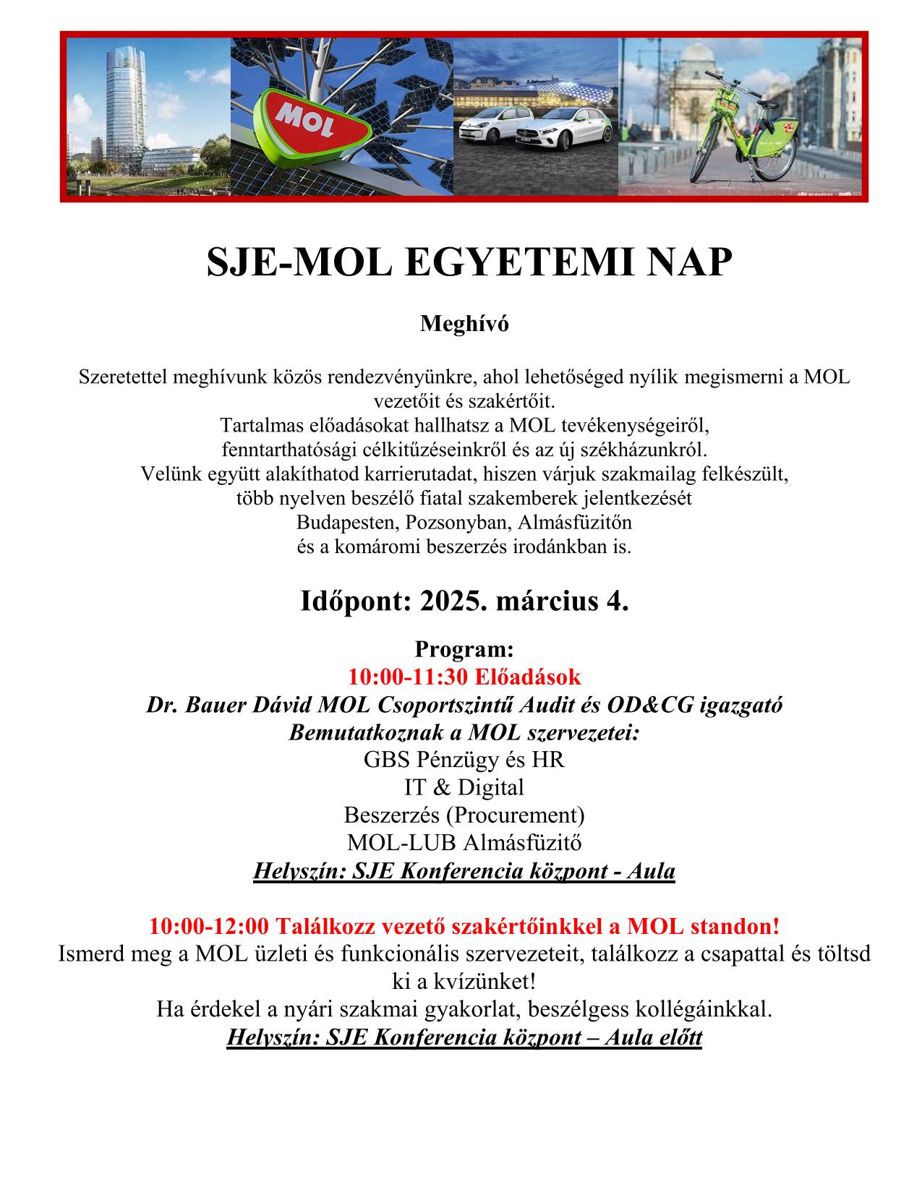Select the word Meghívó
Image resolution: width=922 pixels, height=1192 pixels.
pyautogui.click(x=464, y=324)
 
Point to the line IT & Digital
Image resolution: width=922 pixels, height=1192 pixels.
pyautogui.click(x=464, y=787)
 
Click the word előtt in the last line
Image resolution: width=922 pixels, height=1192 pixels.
pyautogui.click(x=674, y=1038)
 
